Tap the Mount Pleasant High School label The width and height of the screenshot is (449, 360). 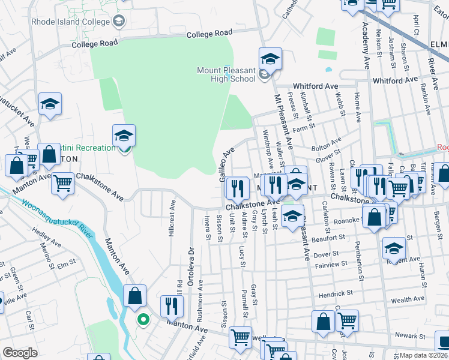point(226,74)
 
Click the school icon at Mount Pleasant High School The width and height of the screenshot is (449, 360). point(270,59)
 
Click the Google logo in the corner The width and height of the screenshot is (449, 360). point(19,353)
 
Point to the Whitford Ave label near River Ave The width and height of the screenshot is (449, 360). point(394,80)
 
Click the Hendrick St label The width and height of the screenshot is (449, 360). point(335,293)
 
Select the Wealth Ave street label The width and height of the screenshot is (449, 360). point(408,299)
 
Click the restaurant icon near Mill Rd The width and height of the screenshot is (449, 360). point(172,306)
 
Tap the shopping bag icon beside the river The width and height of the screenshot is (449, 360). point(134,295)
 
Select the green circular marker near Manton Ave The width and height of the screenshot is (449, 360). point(143,319)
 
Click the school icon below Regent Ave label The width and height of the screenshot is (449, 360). point(394,247)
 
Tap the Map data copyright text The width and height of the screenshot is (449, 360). point(423,355)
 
